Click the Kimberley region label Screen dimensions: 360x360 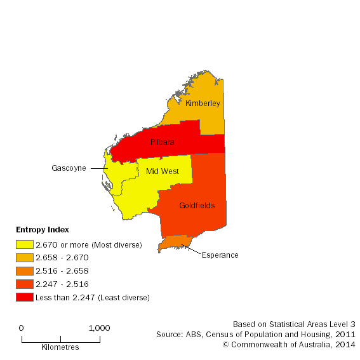[x=203, y=103]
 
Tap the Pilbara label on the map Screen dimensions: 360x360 [x=163, y=143]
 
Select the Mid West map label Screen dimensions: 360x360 [x=157, y=171]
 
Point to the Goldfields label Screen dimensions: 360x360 [x=197, y=206]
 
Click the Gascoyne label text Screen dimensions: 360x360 [x=69, y=168]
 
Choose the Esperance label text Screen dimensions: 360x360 [x=220, y=255]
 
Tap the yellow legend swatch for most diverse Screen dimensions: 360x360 [x=24, y=244]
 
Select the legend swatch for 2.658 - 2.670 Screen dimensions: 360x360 [x=24, y=258]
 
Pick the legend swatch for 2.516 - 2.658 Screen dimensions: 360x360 [x=24, y=271]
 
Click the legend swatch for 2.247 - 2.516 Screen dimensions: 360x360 [x=24, y=284]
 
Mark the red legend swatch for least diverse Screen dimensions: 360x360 [x=24, y=297]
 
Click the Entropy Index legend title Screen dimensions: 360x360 [x=42, y=230]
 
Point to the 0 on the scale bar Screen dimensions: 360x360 [x=22, y=328]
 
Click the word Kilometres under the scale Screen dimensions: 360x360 [x=60, y=347]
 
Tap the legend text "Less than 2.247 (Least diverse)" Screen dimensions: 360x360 [x=93, y=297]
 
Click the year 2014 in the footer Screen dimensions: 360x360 [x=347, y=344]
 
